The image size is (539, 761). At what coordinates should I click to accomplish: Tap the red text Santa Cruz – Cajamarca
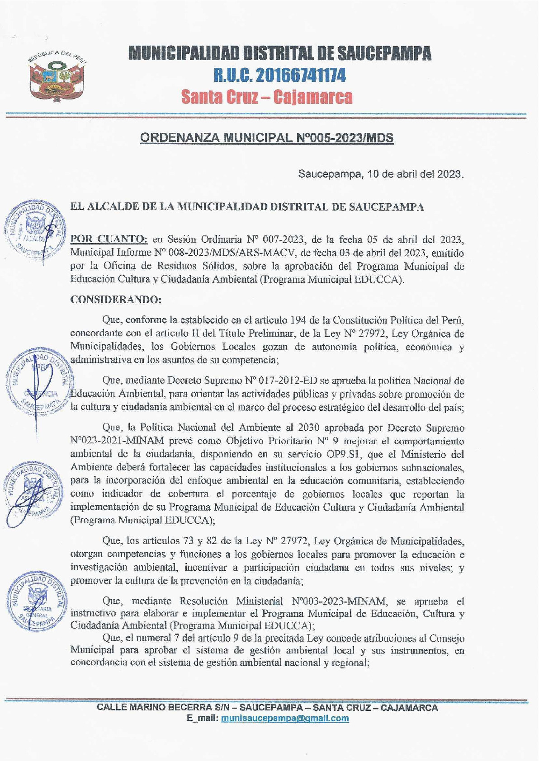coord(266,97)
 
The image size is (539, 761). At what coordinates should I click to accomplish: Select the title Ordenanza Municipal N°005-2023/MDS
coord(267,138)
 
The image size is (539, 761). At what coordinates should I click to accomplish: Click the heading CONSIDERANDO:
coord(115,300)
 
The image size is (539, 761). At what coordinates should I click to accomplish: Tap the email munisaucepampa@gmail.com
coord(285,719)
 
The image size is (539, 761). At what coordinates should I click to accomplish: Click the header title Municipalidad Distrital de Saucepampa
coord(280,53)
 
